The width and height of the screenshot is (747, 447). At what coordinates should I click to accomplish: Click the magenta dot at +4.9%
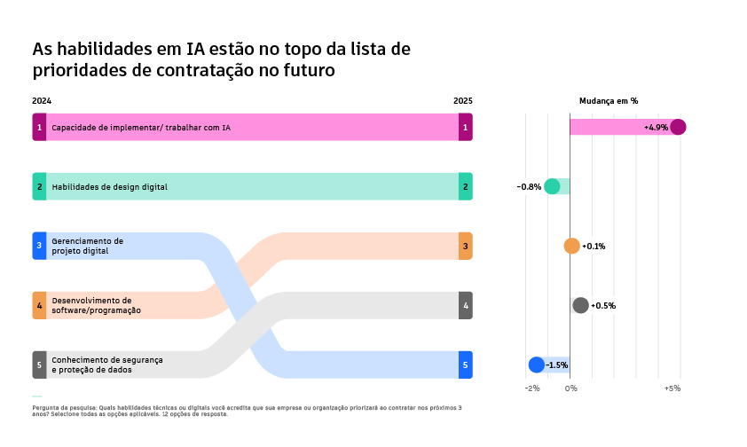click(678, 127)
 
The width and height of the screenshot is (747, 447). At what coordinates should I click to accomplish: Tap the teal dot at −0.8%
click(552, 186)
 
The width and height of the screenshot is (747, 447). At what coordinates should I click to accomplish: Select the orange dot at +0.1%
click(571, 246)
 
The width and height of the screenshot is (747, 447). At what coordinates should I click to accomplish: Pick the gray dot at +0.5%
click(580, 305)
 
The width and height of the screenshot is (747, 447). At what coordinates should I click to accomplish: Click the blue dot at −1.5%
click(536, 365)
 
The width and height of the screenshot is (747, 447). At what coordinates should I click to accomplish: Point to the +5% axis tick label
click(672, 388)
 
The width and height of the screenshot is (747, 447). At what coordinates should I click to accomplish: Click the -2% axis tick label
click(531, 388)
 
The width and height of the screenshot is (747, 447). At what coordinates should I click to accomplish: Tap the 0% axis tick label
click(571, 388)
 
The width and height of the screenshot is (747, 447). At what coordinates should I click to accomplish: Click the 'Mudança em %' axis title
click(608, 101)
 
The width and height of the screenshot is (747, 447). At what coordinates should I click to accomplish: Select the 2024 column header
click(42, 101)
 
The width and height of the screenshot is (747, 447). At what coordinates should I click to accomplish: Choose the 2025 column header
click(463, 101)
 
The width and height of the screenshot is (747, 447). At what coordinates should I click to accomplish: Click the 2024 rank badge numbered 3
click(39, 246)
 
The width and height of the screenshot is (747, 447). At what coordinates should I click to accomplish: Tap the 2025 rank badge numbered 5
click(466, 365)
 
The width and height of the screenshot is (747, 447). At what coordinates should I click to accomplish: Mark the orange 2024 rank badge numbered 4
click(39, 305)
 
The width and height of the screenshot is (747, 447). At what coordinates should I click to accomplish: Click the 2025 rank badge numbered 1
click(466, 127)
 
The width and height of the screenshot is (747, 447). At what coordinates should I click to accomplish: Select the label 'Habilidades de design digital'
click(109, 187)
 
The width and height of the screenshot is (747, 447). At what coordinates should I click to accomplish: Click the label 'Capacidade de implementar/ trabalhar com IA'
click(141, 128)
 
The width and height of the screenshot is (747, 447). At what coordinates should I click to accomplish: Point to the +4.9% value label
click(656, 128)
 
